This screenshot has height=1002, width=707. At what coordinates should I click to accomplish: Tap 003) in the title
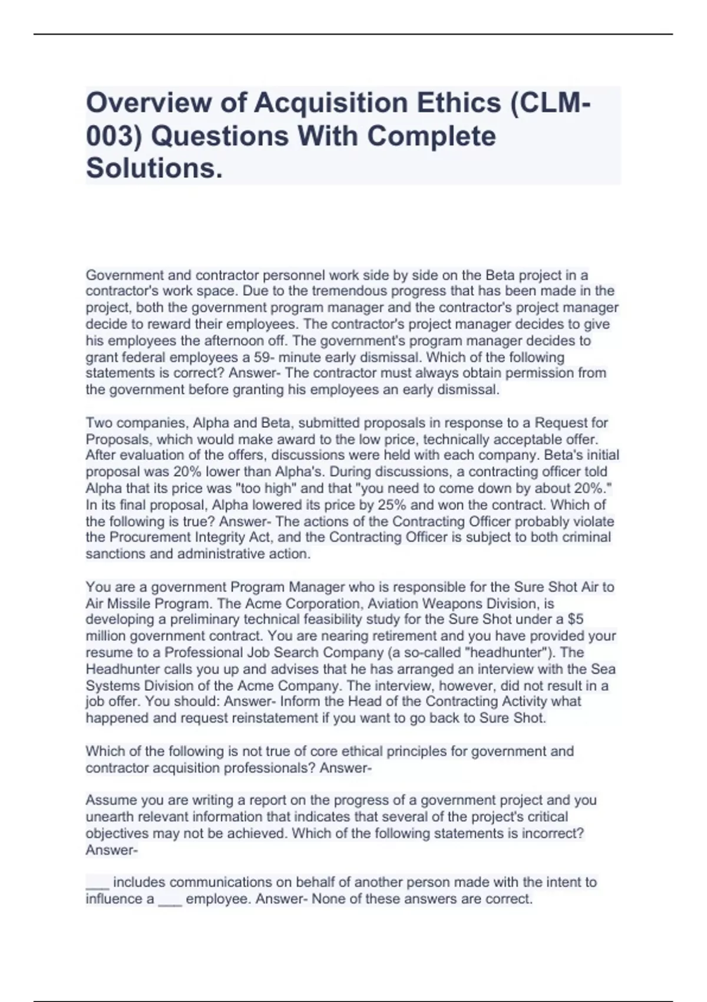pyautogui.click(x=114, y=136)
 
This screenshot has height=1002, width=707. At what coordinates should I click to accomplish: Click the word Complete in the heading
pyautogui.click(x=432, y=136)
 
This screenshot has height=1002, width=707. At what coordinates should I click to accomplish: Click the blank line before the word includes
pyautogui.click(x=97, y=883)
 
